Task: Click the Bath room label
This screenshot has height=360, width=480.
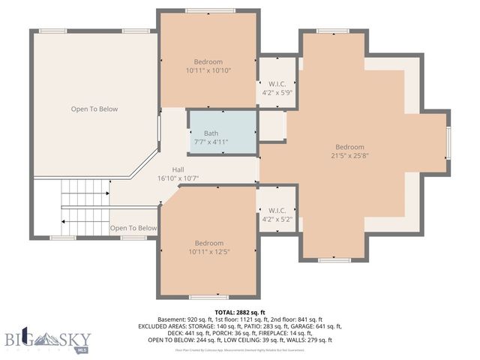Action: coord(211,133)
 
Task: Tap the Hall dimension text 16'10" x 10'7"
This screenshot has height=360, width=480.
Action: coord(177,178)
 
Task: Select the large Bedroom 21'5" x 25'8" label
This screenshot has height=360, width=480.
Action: coord(349,147)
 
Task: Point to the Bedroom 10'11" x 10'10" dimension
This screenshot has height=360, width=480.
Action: coord(208,70)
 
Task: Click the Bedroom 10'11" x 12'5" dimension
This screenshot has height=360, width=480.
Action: coord(208,252)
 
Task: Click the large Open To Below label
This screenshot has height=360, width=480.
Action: coord(94,109)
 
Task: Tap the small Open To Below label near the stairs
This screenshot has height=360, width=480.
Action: coord(133,228)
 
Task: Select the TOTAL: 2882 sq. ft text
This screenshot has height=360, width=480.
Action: coord(240,312)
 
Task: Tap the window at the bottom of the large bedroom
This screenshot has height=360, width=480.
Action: coord(334,259)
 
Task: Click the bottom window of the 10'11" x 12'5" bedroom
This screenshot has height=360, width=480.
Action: coord(208,297)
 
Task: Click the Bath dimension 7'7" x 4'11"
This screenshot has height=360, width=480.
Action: coord(211,142)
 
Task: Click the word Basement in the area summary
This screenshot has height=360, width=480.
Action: coord(169,319)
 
